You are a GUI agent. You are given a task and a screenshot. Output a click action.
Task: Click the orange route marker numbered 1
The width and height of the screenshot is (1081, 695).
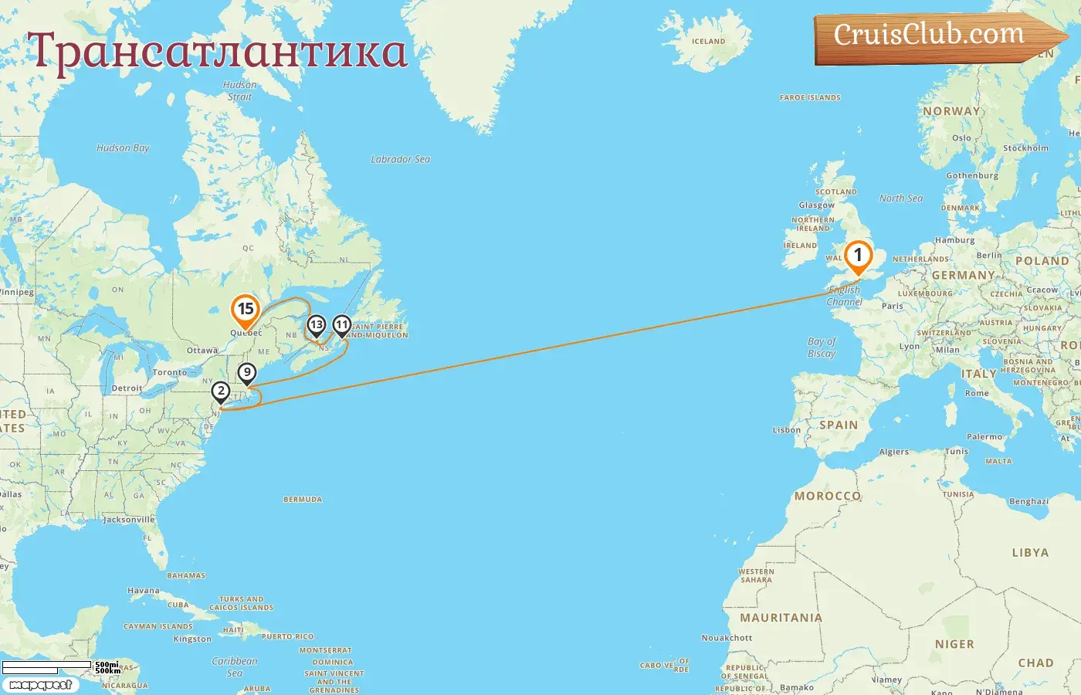pyautogui.click(x=858, y=256)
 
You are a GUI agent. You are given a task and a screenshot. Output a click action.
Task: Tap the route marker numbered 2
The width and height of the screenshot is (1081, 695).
pyautogui.click(x=221, y=392)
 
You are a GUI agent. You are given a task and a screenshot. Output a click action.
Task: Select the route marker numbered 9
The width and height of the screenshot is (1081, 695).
pyautogui.click(x=246, y=374)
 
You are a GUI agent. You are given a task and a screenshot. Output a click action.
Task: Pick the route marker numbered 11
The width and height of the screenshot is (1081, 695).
pyautogui.click(x=341, y=326)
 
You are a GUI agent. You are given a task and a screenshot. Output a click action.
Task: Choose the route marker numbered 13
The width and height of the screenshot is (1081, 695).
pyautogui.click(x=316, y=326)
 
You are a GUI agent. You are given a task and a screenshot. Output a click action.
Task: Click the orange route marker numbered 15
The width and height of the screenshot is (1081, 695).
pyautogui.click(x=246, y=310)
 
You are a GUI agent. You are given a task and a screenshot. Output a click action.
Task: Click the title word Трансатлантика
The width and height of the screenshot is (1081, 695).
pyautogui.click(x=218, y=51)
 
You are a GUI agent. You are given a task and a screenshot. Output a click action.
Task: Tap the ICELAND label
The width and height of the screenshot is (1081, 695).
pyautogui.click(x=708, y=42)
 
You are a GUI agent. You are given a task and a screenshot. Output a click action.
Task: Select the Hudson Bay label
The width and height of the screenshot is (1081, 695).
pyautogui.click(x=123, y=148)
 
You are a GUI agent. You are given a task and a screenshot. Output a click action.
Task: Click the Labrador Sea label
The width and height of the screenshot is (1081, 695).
pyautogui.click(x=400, y=159)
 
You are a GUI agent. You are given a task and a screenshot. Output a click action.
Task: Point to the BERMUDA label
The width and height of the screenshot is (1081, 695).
pyautogui.click(x=303, y=500)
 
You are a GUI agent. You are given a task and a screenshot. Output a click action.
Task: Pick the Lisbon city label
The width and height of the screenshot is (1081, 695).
pyautogui.click(x=787, y=430)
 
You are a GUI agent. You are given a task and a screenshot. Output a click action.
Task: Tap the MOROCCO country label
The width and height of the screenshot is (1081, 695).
pyautogui.click(x=827, y=496)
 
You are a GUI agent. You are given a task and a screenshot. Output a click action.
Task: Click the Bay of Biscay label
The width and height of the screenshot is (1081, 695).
pyautogui.click(x=822, y=347)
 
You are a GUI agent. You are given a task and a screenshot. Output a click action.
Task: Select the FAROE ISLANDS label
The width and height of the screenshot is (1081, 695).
pyautogui.click(x=810, y=98)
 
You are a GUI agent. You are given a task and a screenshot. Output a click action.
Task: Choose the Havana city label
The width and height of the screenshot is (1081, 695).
pyautogui.click(x=144, y=591)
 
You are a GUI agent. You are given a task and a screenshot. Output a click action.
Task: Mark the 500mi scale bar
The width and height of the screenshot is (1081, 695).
pyautogui.click(x=48, y=665)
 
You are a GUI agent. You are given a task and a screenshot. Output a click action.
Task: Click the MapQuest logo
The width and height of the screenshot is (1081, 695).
pyautogui.click(x=40, y=685)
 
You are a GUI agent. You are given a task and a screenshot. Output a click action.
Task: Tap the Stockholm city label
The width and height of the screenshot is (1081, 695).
pyautogui.click(x=1025, y=148)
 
